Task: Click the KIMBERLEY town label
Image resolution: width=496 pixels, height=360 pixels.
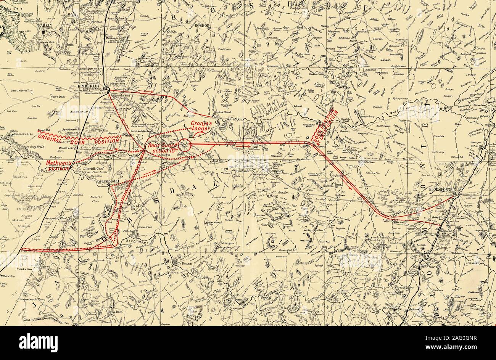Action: [x=89, y=86]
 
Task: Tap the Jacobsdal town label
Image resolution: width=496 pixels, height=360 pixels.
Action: [x=99, y=182]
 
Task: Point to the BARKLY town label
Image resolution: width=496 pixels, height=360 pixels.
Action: [x=45, y=27]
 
